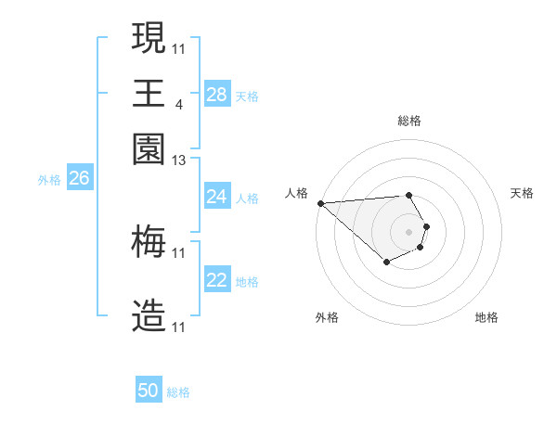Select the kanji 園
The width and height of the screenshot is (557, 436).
pyautogui.click(x=149, y=147)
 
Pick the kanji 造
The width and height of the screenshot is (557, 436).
pyautogui.click(x=149, y=316)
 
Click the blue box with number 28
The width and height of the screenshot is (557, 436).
pyautogui.click(x=217, y=95)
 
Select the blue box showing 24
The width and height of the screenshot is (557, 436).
pyautogui.click(x=217, y=197)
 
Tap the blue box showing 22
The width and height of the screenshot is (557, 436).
pyautogui.click(x=217, y=281)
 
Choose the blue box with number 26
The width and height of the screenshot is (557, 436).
pyautogui.click(x=79, y=179)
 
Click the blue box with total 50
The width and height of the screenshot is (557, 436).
pyautogui.click(x=149, y=391)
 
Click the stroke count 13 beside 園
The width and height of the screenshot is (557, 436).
pyautogui.click(x=179, y=161)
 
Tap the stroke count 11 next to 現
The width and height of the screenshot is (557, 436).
pyautogui.click(x=179, y=47)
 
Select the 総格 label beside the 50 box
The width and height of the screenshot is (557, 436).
pyautogui.click(x=178, y=392)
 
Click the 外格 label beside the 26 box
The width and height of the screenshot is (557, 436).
pyautogui.click(x=49, y=180)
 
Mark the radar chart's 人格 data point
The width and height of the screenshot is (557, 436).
pyautogui.click(x=320, y=203)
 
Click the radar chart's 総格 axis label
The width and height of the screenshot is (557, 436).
pyautogui.click(x=409, y=121)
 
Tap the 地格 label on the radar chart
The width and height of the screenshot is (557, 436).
pyautogui.click(x=486, y=317)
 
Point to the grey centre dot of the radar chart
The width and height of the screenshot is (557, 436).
pyautogui.click(x=408, y=231)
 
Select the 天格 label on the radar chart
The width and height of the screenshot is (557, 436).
pyautogui.click(x=522, y=193)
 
